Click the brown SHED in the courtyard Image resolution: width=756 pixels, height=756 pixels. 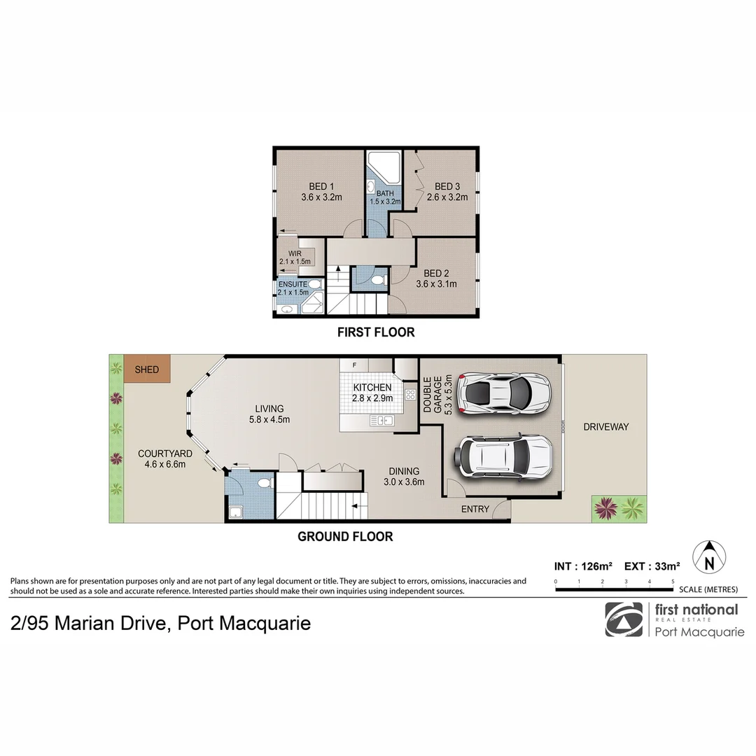point(147,369)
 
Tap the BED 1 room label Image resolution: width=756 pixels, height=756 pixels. point(321,191)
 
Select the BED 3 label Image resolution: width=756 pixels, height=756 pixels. point(447,191)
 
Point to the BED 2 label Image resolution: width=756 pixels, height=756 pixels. point(436,278)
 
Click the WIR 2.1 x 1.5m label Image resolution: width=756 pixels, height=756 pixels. point(295,258)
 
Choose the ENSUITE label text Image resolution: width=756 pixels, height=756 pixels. point(293,284)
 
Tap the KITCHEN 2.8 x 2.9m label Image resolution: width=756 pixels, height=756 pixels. point(372,393)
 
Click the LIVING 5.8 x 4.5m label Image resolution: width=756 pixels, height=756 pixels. point(269,414)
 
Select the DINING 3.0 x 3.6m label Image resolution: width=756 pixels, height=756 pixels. point(404,476)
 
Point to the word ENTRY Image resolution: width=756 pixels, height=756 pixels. point(475,509)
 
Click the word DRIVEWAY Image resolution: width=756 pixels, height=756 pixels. point(606,427)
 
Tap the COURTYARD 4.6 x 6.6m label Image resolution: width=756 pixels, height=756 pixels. point(165,458)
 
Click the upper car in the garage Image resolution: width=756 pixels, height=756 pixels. point(503,392)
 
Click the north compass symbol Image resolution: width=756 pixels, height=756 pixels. point(709,557)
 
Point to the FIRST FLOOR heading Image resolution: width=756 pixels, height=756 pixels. point(376,332)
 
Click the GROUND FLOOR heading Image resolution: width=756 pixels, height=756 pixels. point(345,537)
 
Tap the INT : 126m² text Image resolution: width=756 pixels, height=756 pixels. point(583,566)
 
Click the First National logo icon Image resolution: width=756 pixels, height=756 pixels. point(624,619)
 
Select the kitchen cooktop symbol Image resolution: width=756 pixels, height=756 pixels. point(410,395)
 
